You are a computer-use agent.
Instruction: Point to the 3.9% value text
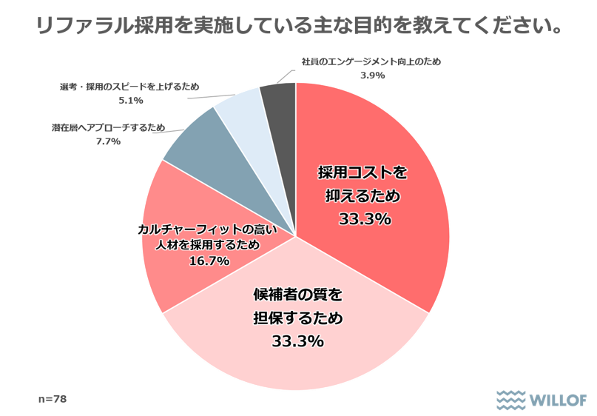371,76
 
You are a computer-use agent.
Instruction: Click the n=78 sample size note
53,398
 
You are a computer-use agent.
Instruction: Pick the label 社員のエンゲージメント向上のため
371,62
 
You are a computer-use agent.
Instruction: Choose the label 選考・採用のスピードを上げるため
130,88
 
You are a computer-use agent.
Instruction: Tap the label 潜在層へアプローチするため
108,127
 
